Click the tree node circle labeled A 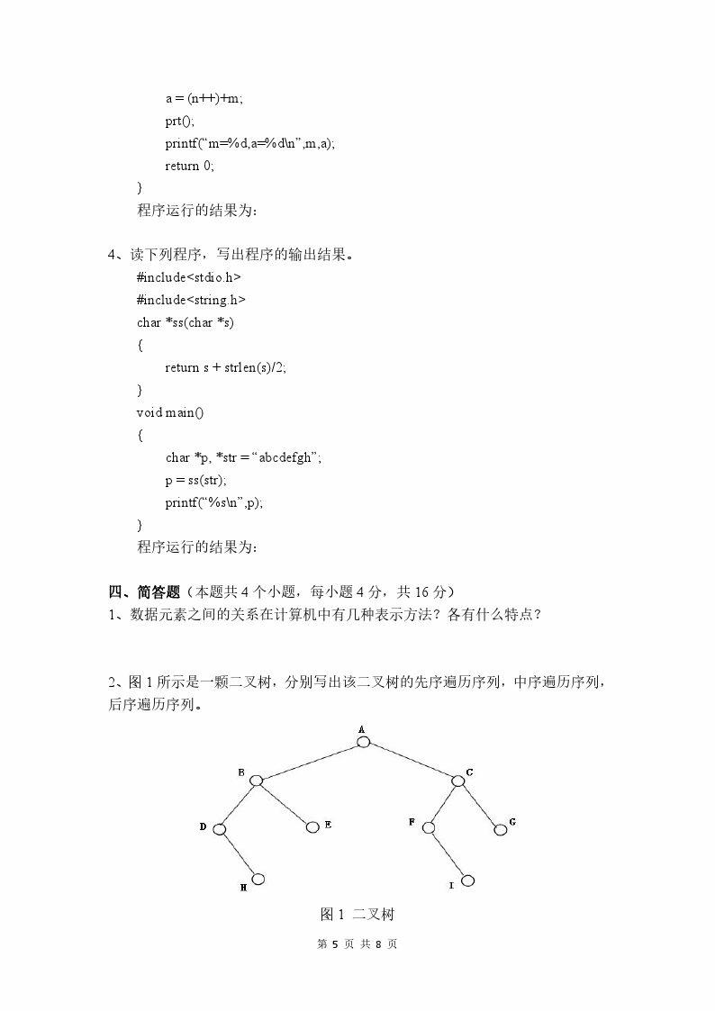(363, 742)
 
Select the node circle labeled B (256, 781)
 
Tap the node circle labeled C (457, 781)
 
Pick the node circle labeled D (218, 829)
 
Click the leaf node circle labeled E (312, 827)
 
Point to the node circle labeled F (428, 827)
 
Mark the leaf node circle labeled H (258, 879)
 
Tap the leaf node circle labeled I (466, 880)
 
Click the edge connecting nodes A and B (309, 762)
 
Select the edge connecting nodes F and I (448, 853)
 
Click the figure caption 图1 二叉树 (357, 915)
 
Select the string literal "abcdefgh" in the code (286, 457)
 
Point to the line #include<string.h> (191, 300)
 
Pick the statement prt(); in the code (179, 121)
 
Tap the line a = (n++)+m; (204, 98)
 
